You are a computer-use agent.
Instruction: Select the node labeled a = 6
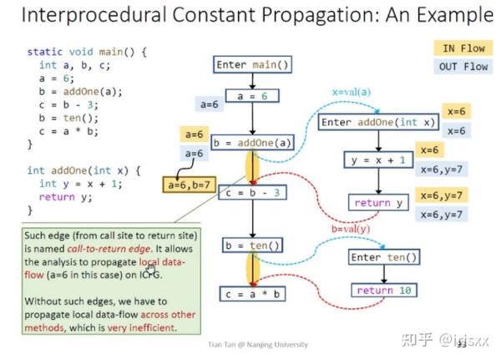point(251,96)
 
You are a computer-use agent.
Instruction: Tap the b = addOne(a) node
point(254,143)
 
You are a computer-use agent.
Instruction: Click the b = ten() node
point(251,246)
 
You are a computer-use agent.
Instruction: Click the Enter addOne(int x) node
point(378,123)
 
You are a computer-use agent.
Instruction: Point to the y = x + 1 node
point(378,160)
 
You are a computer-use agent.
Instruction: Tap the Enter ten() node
point(383,256)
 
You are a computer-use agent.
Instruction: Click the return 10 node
point(383,291)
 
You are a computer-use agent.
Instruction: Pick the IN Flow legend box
point(463,48)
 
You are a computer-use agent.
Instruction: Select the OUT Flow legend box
point(463,67)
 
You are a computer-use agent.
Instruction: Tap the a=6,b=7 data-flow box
point(190,184)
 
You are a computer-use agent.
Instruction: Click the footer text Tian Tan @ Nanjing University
point(257,344)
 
